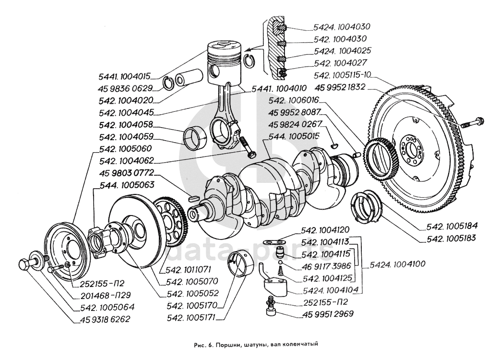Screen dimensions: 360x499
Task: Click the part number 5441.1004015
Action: tap(123, 75)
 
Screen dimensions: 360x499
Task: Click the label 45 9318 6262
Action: tap(102, 319)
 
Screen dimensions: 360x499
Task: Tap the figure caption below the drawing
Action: tap(249, 344)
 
